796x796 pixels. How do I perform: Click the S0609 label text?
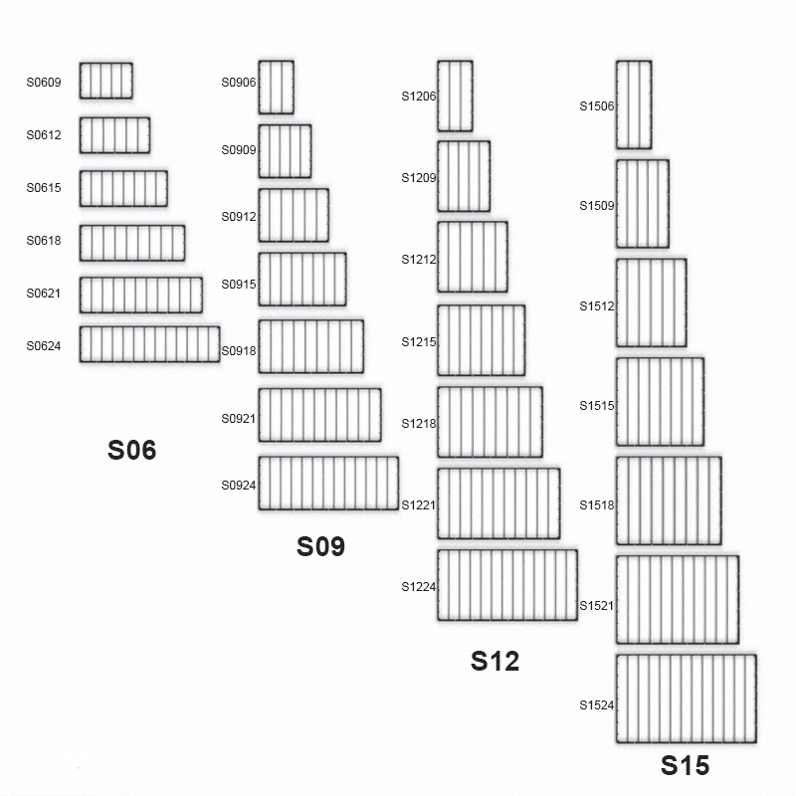pyautogui.click(x=44, y=83)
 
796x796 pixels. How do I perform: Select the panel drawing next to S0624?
pyautogui.click(x=150, y=344)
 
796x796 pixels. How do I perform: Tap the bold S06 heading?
pyautogui.click(x=132, y=451)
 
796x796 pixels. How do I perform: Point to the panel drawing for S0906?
pyautogui.click(x=277, y=88)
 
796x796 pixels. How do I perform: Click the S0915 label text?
pyautogui.click(x=239, y=285)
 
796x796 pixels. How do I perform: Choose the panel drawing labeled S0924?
pyautogui.click(x=328, y=484)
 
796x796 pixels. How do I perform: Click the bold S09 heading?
pyautogui.click(x=320, y=546)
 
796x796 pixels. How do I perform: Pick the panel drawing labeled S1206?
pyautogui.click(x=456, y=96)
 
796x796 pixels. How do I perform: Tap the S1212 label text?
pyautogui.click(x=419, y=260)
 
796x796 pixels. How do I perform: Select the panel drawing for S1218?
pyautogui.click(x=491, y=422)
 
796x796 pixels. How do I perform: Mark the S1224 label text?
pyautogui.click(x=419, y=587)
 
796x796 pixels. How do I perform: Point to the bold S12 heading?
pyautogui.click(x=495, y=662)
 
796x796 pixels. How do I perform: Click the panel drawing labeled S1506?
pyautogui.click(x=634, y=105)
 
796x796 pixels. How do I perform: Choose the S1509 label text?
pyautogui.click(x=597, y=206)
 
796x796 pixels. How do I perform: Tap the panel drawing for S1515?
pyautogui.click(x=661, y=402)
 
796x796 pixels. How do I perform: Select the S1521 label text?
pyautogui.click(x=597, y=606)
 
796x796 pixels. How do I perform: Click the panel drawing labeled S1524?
pyautogui.click(x=687, y=699)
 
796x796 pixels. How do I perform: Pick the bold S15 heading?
pyautogui.click(x=686, y=765)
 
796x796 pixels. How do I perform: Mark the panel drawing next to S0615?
pyautogui.click(x=123, y=188)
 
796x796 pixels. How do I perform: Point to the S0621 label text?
pyautogui.click(x=44, y=294)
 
